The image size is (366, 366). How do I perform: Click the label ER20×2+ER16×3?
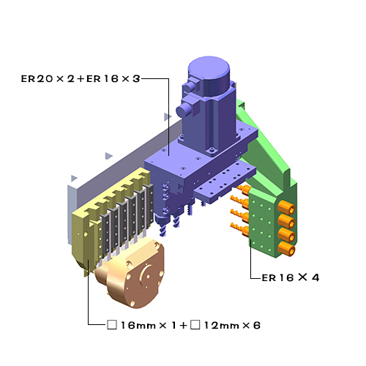(80, 78)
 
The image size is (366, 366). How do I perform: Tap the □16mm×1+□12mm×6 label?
(183, 324)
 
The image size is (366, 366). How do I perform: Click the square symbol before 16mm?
(111, 324)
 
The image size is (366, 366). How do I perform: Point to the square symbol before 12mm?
(195, 324)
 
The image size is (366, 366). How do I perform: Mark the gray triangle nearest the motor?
(168, 116)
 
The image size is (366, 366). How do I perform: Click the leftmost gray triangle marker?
(72, 178)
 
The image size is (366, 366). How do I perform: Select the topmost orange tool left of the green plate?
(237, 190)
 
